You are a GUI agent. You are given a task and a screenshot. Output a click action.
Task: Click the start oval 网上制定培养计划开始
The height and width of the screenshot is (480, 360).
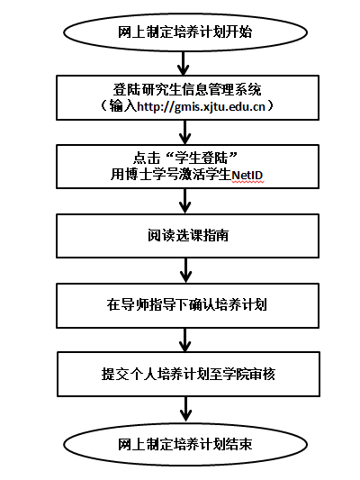tap(185, 32)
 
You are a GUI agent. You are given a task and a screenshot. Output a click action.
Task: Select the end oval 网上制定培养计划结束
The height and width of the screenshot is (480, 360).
tap(185, 445)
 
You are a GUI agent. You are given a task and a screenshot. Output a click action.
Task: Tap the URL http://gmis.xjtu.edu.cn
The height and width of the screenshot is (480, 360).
tap(201, 107)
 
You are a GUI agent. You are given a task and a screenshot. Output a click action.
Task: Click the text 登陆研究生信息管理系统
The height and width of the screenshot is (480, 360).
tap(187, 90)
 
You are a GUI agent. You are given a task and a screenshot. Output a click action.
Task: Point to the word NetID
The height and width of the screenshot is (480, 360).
tap(247, 176)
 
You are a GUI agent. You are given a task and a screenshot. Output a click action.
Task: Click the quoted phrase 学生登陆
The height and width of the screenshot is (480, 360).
tap(201, 158)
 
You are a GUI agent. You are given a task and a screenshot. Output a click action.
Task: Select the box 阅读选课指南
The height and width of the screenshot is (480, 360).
tap(187, 236)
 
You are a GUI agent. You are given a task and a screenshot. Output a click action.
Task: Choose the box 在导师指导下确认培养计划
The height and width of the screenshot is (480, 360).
tap(187, 305)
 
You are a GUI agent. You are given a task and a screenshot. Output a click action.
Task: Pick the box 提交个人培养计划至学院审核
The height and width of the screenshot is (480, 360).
tap(188, 374)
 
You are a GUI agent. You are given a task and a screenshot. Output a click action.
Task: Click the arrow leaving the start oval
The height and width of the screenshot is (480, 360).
tap(184, 63)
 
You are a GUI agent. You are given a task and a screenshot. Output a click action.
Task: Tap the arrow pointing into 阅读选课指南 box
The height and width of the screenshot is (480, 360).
tap(185, 201)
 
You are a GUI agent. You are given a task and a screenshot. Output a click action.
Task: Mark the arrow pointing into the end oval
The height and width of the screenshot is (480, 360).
tap(186, 410)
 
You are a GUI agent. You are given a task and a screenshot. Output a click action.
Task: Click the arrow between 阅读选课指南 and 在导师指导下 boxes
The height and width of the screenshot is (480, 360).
tap(186, 270)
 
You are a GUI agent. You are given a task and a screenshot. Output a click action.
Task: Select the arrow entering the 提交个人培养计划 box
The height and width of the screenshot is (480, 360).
tap(185, 340)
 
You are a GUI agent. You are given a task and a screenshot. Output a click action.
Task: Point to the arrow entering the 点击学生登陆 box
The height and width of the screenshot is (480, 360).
tap(185, 132)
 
